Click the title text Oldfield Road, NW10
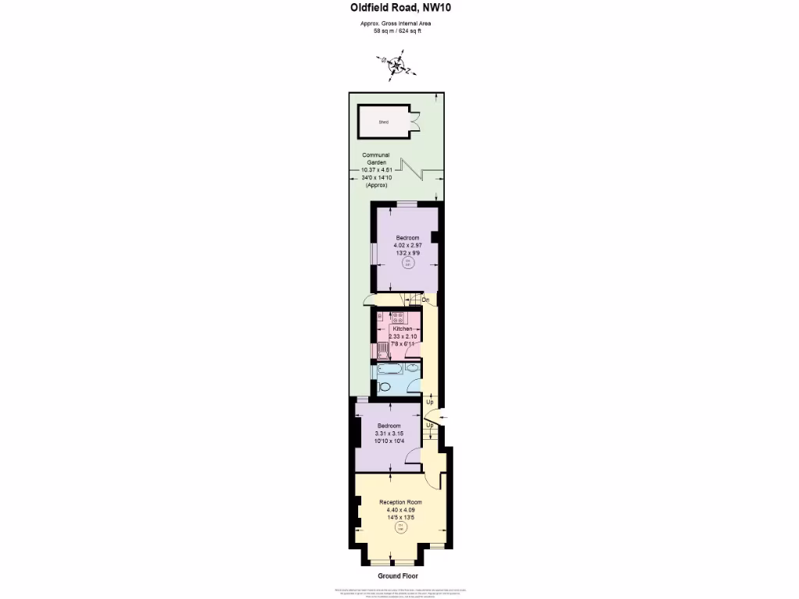coord(399,9)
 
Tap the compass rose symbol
coord(397,66)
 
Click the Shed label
coord(383,122)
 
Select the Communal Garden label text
coord(375,159)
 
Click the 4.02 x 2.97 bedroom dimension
coord(407,245)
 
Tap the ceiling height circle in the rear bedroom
coord(407,264)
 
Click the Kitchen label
coord(402,329)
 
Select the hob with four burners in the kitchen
coord(397,317)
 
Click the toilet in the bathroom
coord(385,386)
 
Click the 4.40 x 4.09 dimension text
coord(400,509)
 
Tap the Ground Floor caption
coord(399,576)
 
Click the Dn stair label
coord(426,299)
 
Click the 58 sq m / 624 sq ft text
coord(396,30)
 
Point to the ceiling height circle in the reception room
coord(401,528)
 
